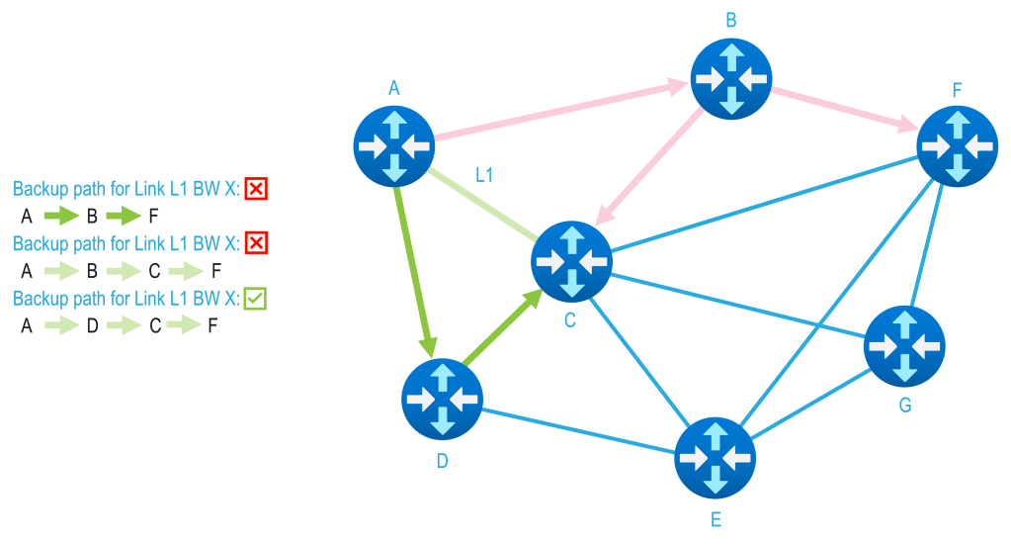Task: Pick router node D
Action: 442,399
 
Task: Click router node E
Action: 715,458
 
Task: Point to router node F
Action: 957,144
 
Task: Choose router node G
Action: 904,346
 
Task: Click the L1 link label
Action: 484,175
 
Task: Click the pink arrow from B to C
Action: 652,163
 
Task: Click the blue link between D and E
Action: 578,429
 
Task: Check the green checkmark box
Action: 255,298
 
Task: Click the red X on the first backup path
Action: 256,188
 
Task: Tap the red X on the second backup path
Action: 256,242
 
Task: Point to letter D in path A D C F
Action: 90,325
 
